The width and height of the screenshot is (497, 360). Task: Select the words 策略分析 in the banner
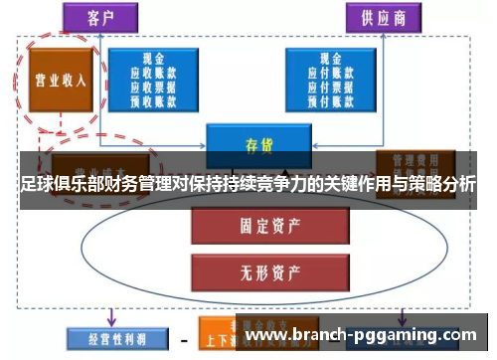pyautogui.click(x=436, y=184)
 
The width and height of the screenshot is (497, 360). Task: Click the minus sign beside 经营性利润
pyautogui.click(x=184, y=339)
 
